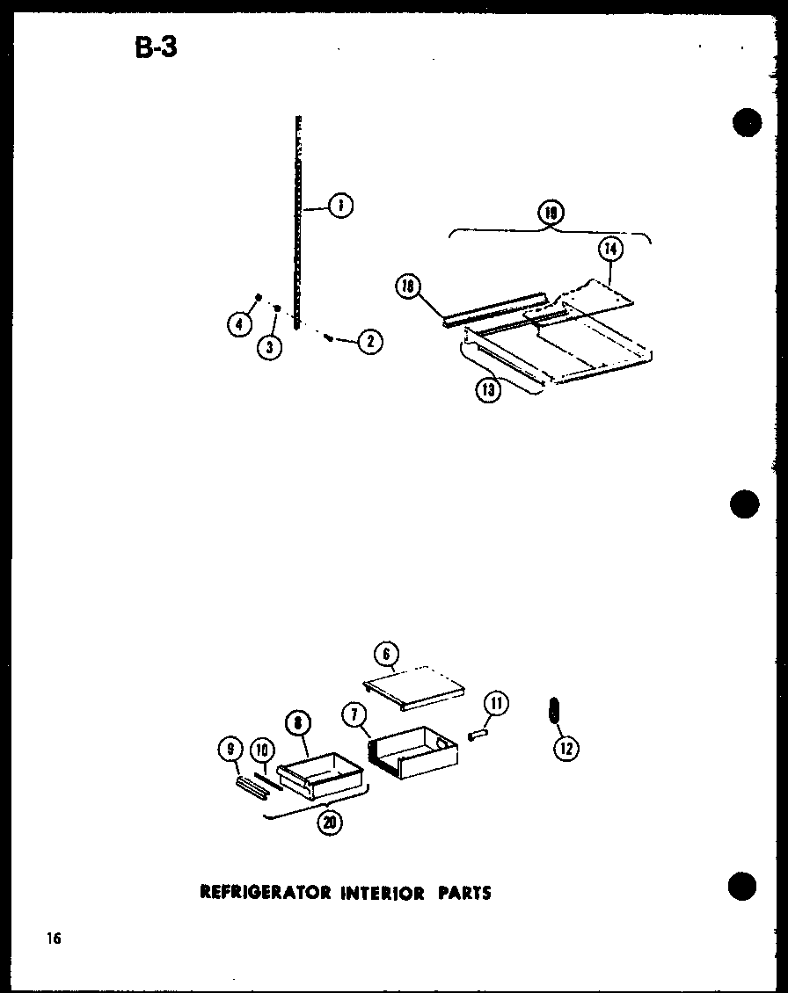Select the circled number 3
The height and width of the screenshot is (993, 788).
pos(269,347)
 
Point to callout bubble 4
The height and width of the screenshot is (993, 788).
pos(237,325)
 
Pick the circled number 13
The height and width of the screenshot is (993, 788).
pos(489,389)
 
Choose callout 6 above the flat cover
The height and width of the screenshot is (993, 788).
pos(385,655)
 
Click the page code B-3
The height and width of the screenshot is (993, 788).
pos(157,47)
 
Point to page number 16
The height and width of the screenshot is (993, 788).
pos(55,939)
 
